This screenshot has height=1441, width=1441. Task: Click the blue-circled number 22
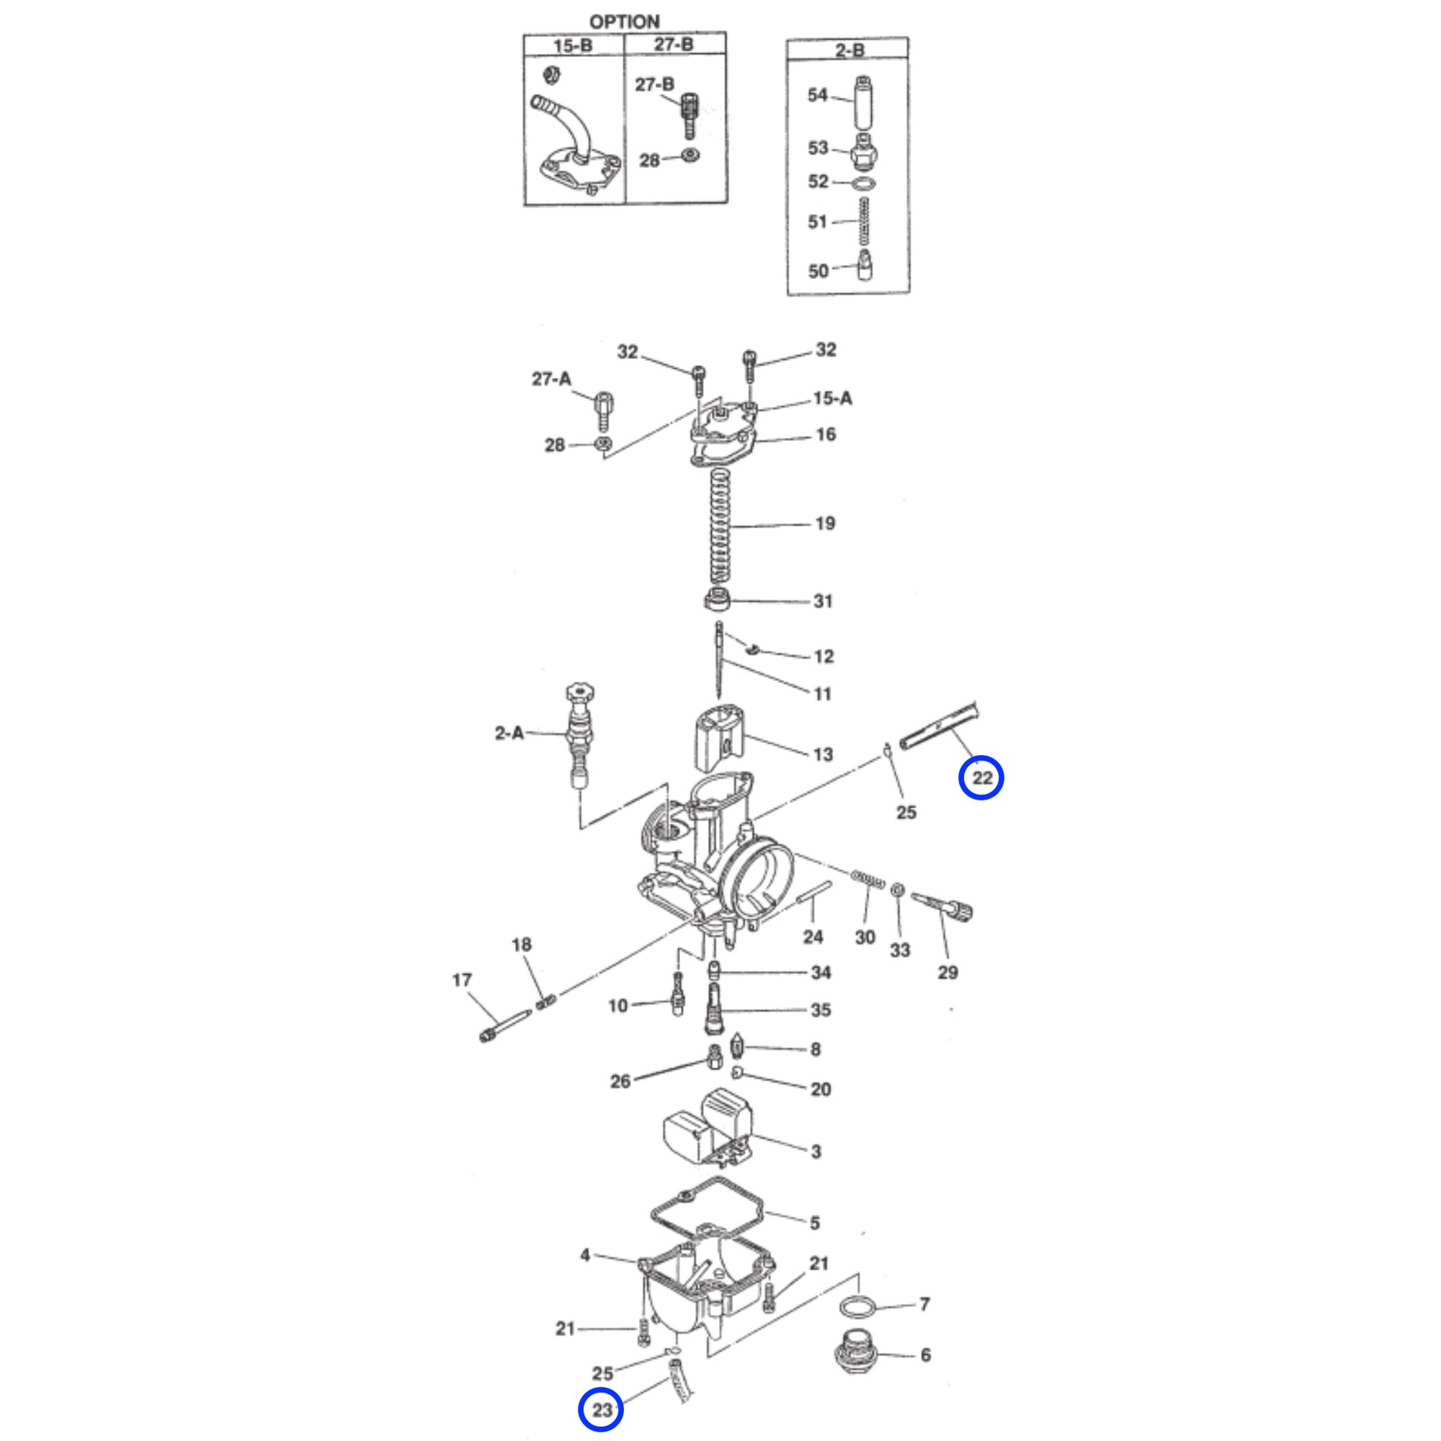click(981, 778)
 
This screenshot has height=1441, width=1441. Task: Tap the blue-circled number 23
click(601, 1409)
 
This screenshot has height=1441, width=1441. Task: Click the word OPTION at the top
click(624, 22)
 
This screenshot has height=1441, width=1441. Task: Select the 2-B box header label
click(849, 50)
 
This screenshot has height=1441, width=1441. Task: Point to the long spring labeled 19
click(719, 527)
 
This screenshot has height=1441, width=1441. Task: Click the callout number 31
click(823, 601)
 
